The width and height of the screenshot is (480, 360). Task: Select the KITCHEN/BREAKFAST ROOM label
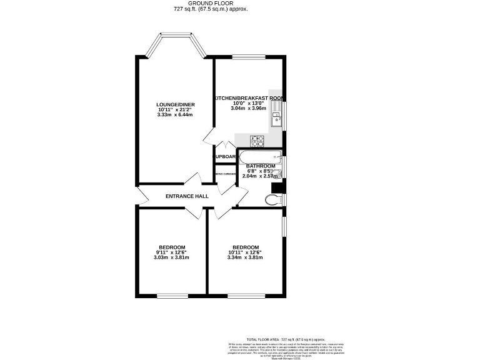(x=249, y=98)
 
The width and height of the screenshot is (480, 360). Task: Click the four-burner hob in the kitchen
(x=257, y=140)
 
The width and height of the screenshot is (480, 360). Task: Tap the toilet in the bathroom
(x=272, y=199)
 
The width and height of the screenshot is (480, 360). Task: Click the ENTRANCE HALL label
(x=187, y=196)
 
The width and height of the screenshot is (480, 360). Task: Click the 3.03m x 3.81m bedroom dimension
(x=170, y=257)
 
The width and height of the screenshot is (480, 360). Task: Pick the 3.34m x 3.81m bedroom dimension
(x=244, y=257)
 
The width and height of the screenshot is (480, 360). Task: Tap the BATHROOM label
(x=260, y=166)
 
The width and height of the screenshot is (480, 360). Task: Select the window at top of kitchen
(x=249, y=57)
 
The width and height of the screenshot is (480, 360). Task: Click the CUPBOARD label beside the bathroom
(x=225, y=156)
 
